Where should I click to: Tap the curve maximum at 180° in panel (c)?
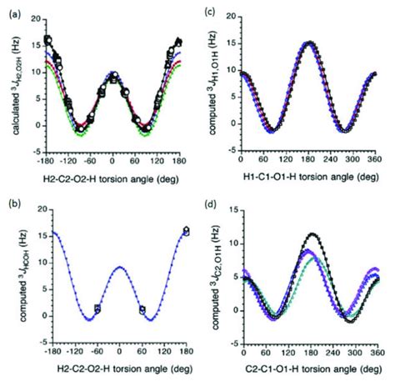310,43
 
